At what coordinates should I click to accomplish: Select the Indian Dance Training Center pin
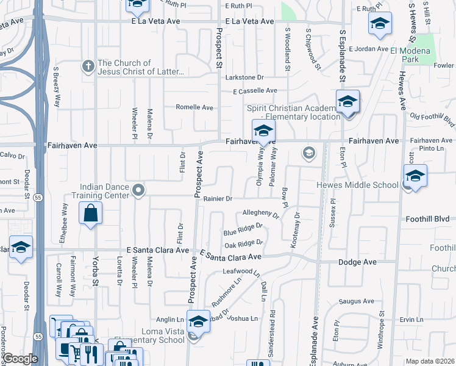tap(138, 190)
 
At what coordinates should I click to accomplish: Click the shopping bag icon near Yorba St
tap(90, 213)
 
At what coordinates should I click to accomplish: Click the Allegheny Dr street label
tap(260, 214)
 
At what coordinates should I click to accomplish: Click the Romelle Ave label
tap(194, 107)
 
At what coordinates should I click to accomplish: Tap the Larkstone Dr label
tap(244, 77)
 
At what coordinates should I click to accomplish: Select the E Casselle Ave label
tap(255, 91)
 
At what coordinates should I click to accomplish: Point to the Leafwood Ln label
tap(241, 271)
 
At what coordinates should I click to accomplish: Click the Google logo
tap(20, 359)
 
